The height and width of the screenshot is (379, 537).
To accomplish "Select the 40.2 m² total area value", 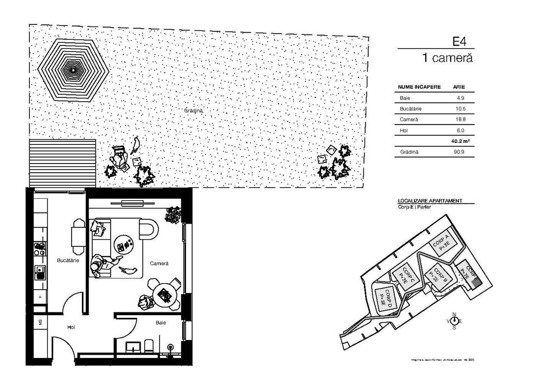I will (459, 141).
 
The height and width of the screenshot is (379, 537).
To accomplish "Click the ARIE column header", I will (458, 87).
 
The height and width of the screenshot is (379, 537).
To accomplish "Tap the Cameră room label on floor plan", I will (160, 263).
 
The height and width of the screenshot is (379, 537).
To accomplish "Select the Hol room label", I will (71, 327).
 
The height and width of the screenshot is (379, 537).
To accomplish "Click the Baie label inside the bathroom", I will (161, 323).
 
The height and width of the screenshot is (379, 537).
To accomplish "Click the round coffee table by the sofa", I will (124, 244).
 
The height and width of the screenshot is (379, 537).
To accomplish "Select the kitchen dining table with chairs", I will (79, 236).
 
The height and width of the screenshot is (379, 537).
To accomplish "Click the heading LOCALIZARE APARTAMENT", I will (430, 200).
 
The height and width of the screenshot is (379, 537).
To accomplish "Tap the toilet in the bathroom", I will (150, 345).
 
